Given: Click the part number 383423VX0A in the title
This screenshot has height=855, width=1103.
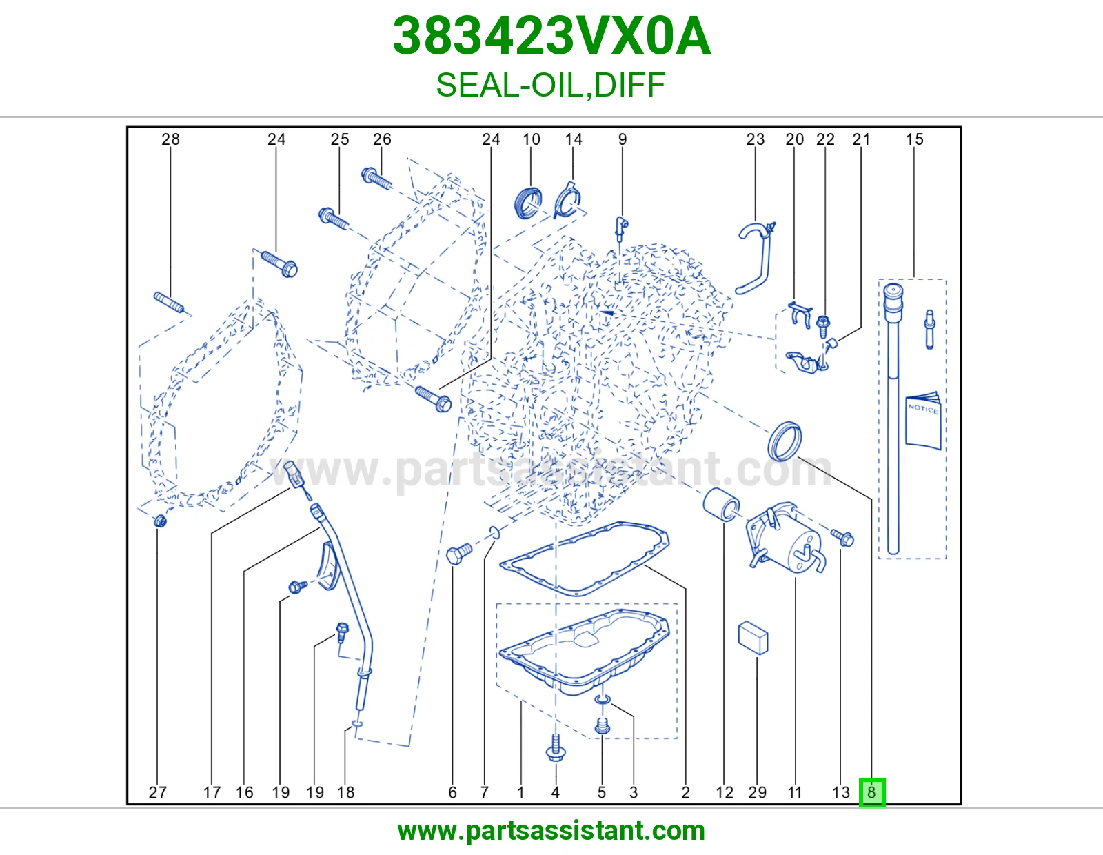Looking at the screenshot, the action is tap(551, 37).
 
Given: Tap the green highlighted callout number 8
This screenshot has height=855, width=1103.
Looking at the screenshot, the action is tap(871, 792).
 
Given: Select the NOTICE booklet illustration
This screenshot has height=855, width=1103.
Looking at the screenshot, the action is tap(923, 421).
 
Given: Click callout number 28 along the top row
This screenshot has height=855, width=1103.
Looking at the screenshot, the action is tap(170, 139).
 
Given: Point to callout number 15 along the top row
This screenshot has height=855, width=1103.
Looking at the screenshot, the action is tap(915, 139).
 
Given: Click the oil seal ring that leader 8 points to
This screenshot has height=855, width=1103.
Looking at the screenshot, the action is tap(785, 441).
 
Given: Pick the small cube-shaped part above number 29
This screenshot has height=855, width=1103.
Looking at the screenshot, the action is tap(753, 638).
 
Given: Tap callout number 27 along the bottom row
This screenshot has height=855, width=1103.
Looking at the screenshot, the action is tap(157, 792).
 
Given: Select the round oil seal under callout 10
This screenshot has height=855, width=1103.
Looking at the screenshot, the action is tap(528, 203).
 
